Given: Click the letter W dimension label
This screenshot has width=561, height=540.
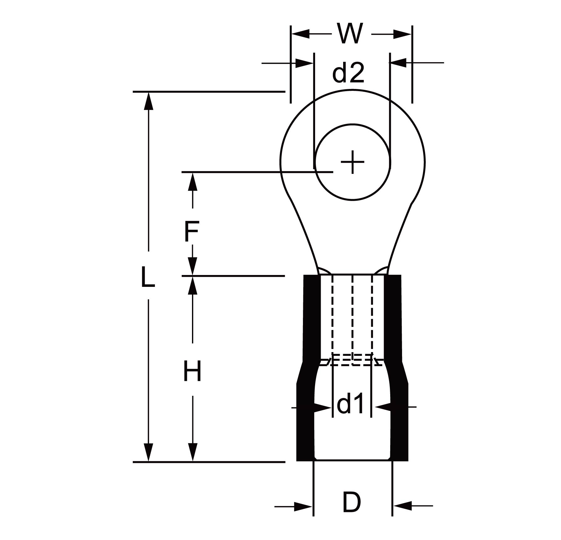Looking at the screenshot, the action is pyautogui.click(x=351, y=33).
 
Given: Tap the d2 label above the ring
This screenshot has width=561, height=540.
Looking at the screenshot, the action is pyautogui.click(x=348, y=73).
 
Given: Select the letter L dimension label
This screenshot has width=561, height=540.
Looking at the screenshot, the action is pyautogui.click(x=148, y=277).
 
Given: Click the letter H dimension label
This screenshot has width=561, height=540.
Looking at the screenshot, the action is pyautogui.click(x=192, y=371).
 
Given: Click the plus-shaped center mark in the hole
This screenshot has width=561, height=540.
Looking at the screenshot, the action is pyautogui.click(x=352, y=162).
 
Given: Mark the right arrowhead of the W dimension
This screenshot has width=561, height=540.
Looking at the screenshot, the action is pyautogui.click(x=402, y=34).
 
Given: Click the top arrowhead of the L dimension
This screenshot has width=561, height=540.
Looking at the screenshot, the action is pyautogui.click(x=149, y=101).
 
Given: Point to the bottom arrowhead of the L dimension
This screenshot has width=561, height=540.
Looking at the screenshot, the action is pyautogui.click(x=149, y=452).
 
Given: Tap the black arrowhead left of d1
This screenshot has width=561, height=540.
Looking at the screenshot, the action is pyautogui.click(x=323, y=407).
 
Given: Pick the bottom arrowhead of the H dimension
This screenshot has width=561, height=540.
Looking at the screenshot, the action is pyautogui.click(x=193, y=452).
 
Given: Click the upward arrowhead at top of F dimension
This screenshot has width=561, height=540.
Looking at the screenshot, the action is pyautogui.click(x=193, y=182).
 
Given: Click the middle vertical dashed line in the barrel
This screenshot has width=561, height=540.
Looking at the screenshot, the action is pyautogui.click(x=352, y=320).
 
